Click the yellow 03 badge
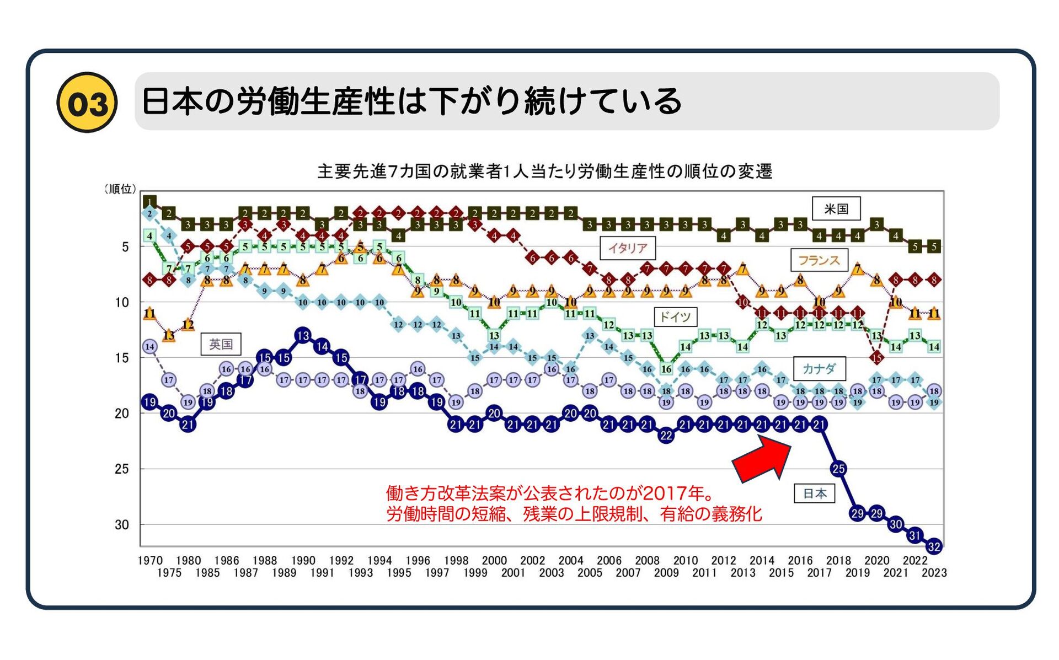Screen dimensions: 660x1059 click(87, 103)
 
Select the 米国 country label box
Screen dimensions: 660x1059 click(836, 208)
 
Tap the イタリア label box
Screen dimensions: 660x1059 click(628, 248)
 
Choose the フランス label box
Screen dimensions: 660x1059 click(819, 260)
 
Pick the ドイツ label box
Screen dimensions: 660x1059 click(675, 316)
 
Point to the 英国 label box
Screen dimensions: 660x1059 click(221, 344)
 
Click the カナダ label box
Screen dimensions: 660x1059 click(819, 368)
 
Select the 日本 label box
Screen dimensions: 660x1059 click(814, 493)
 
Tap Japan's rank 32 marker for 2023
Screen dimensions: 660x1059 click(934, 546)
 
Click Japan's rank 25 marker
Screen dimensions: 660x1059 click(838, 469)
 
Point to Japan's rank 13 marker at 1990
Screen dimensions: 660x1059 click(303, 335)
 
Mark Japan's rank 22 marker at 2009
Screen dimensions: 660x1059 click(666, 436)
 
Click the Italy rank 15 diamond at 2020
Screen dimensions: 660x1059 click(876, 358)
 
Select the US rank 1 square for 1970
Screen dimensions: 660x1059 click(149, 202)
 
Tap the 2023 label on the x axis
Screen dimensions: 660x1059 click(934, 573)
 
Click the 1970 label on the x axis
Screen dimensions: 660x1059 click(149, 561)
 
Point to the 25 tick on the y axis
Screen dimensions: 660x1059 click(122, 469)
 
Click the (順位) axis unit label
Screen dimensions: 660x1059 click(120, 189)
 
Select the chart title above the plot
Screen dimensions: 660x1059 click(544, 171)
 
